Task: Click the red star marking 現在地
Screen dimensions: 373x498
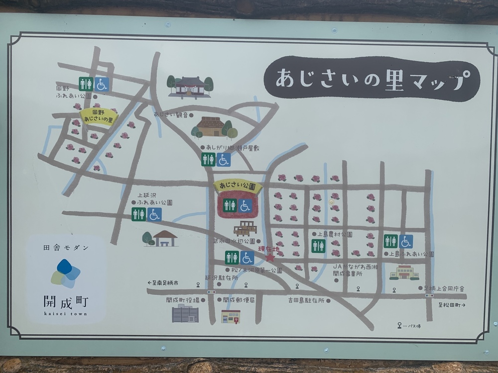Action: click(x=270, y=258)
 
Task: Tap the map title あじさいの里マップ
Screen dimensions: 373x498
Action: click(x=371, y=79)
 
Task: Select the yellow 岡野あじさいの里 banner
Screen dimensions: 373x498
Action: click(x=99, y=116)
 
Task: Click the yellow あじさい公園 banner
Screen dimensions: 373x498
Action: click(x=238, y=186)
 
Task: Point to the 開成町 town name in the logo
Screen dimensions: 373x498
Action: click(x=65, y=301)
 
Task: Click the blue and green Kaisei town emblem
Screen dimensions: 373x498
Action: click(x=65, y=273)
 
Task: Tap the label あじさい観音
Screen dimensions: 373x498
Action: click(x=171, y=115)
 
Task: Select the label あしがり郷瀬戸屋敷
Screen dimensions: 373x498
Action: click(x=233, y=148)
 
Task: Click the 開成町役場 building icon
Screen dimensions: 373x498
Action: click(x=185, y=314)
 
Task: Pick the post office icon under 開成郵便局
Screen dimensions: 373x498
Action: click(x=231, y=316)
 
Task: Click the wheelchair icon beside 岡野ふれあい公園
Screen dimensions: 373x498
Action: click(x=102, y=84)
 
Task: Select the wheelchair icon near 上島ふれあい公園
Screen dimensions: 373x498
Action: click(x=406, y=241)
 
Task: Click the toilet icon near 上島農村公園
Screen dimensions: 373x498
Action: click(x=318, y=246)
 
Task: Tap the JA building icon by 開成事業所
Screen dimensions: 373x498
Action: click(x=404, y=272)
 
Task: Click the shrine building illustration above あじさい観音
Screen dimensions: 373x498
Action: click(x=190, y=86)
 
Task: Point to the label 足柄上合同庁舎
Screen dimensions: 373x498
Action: click(x=446, y=288)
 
